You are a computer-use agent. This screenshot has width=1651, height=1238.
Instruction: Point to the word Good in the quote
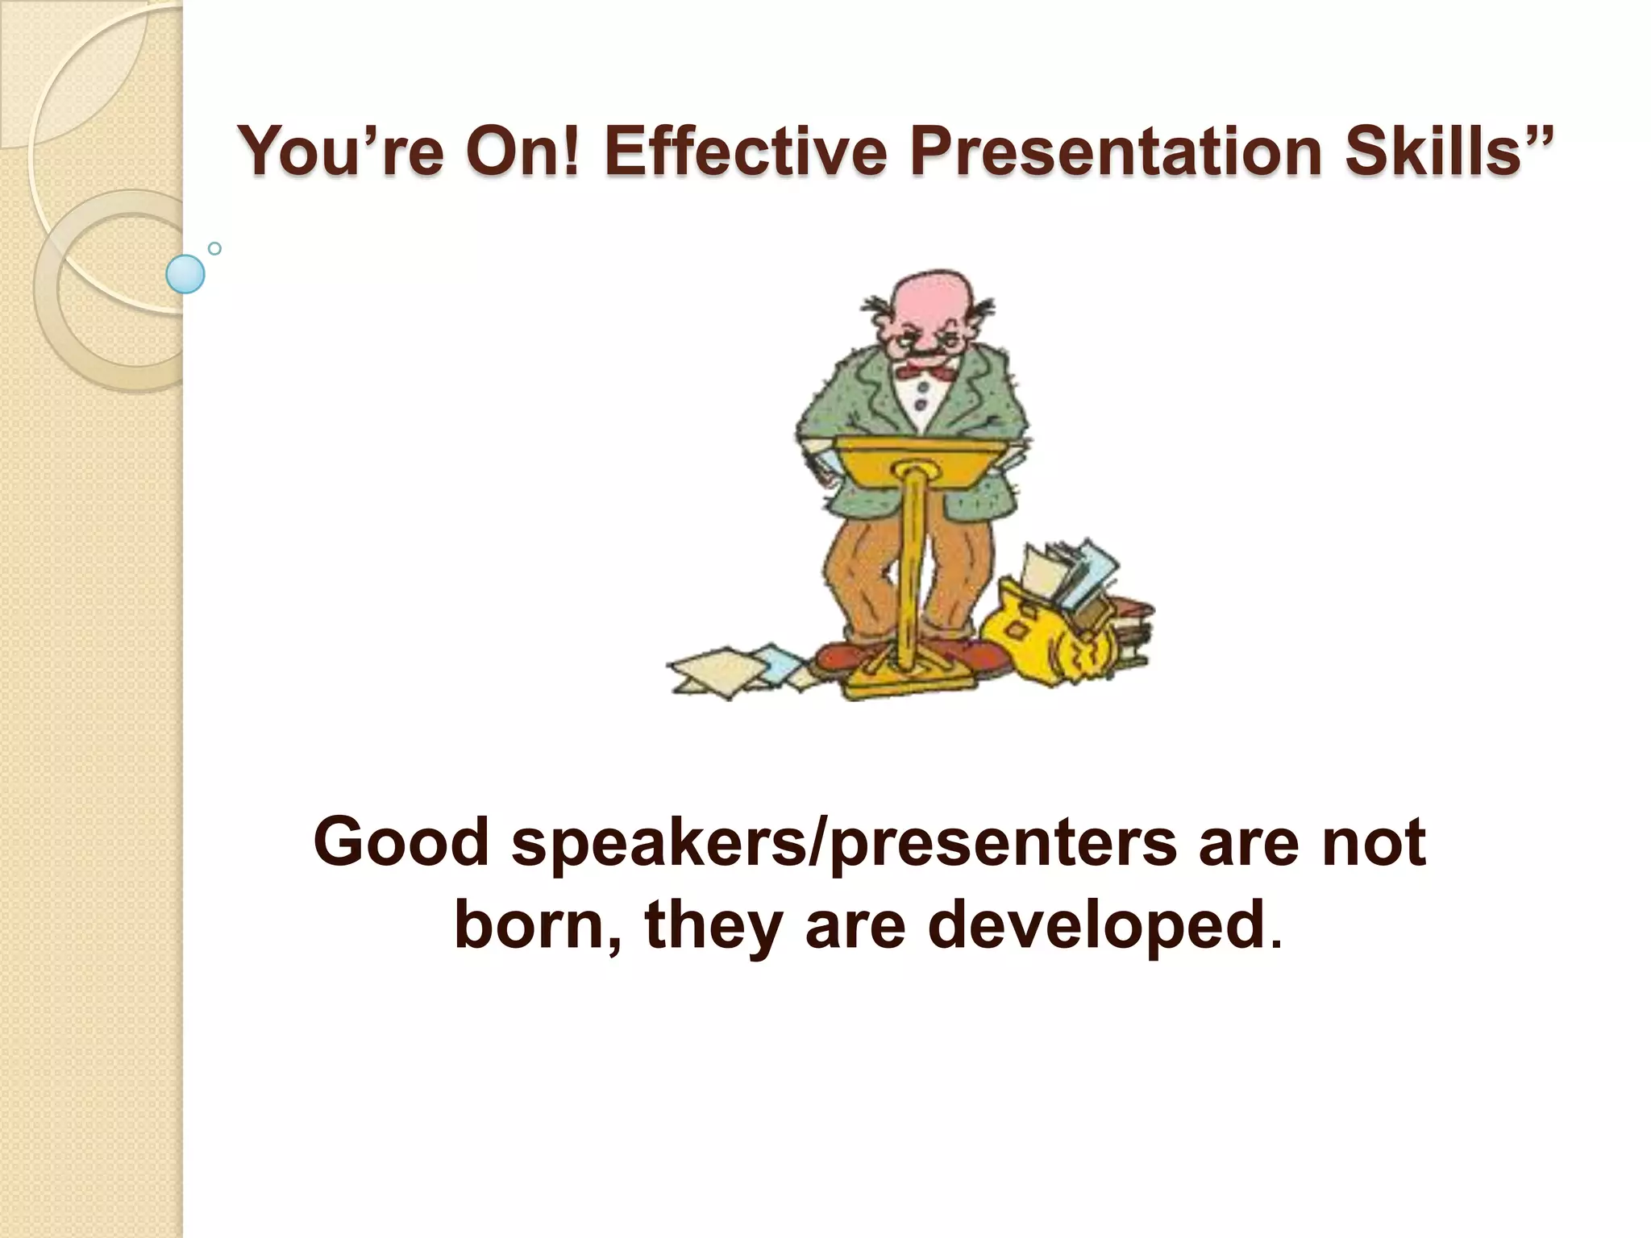(x=401, y=842)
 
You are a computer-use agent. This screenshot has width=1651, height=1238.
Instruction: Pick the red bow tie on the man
(x=927, y=372)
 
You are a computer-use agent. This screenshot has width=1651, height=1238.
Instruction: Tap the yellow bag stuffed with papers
(x=1048, y=637)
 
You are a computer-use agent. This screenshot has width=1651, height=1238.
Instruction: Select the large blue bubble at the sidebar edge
(x=185, y=274)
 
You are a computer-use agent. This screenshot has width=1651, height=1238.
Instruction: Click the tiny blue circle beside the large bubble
(x=214, y=248)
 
